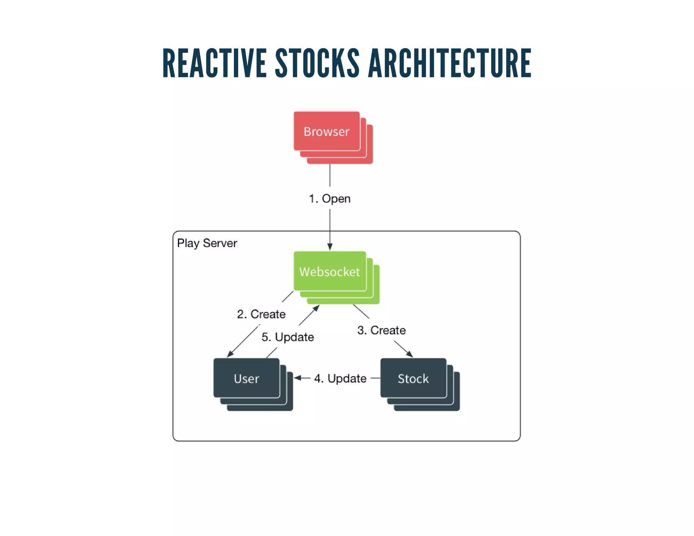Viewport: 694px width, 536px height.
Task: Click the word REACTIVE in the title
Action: pyautogui.click(x=215, y=63)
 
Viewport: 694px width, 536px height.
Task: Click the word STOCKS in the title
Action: pyautogui.click(x=317, y=63)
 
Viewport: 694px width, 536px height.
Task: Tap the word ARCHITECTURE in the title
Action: pyautogui.click(x=450, y=63)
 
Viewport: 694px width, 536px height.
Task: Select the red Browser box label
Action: pyautogui.click(x=326, y=131)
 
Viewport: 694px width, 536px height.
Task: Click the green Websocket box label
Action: pyautogui.click(x=329, y=272)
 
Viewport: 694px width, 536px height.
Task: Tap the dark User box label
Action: pyautogui.click(x=246, y=378)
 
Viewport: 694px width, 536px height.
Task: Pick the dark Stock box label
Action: pyautogui.click(x=413, y=378)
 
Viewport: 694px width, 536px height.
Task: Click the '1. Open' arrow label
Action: pyautogui.click(x=329, y=199)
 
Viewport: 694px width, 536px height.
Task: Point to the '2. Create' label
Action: pyautogui.click(x=261, y=314)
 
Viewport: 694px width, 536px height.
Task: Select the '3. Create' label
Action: pyautogui.click(x=381, y=330)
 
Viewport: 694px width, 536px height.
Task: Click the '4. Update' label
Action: pyautogui.click(x=340, y=378)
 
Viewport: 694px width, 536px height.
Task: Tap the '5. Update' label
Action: pyautogui.click(x=288, y=337)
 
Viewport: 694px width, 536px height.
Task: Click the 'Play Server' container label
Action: pyautogui.click(x=207, y=243)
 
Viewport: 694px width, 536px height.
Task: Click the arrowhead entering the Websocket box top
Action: pyautogui.click(x=330, y=247)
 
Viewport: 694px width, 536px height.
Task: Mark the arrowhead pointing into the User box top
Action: pyautogui.click(x=230, y=354)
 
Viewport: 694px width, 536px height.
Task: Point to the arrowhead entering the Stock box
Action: pyautogui.click(x=410, y=354)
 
